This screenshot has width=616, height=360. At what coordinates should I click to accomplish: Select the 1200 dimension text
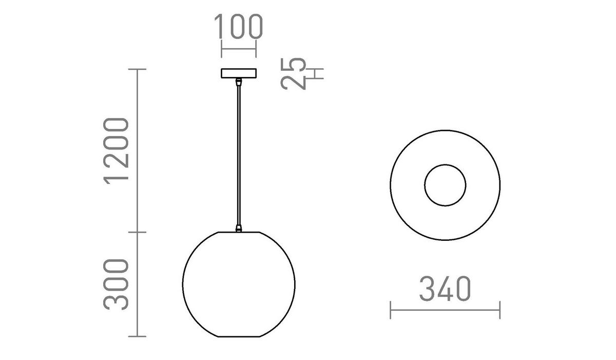coord(116,150)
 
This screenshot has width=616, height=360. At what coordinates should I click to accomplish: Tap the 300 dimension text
coord(116,285)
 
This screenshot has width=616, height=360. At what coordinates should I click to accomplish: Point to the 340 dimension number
coord(445,289)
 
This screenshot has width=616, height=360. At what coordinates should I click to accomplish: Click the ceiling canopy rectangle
coord(238,73)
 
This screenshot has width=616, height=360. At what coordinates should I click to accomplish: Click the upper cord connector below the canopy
coord(238,82)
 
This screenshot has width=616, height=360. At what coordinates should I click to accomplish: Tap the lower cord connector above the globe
coord(238,228)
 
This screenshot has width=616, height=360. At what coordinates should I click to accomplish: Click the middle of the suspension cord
coord(238,154)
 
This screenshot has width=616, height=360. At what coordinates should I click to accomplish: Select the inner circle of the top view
coord(445,185)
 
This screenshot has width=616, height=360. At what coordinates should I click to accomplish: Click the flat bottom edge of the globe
coord(239,336)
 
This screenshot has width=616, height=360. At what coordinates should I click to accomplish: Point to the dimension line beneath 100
coord(238,50)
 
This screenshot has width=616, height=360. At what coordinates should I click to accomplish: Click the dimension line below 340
coord(445,310)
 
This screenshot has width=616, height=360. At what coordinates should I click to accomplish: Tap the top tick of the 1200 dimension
coord(137,69)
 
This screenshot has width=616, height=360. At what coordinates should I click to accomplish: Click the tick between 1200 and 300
coord(137,232)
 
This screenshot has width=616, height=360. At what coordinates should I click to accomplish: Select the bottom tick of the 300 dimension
coord(137,337)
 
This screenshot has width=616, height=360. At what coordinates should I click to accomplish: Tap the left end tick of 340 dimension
coord(391,310)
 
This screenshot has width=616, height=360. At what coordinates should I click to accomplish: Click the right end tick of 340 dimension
coord(499,310)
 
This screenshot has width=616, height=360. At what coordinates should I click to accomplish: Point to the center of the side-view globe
coord(239,283)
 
